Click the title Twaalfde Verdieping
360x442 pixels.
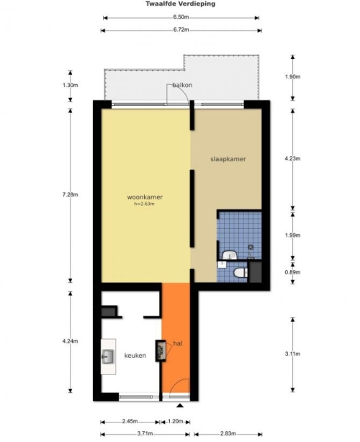181,4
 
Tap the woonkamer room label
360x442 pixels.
145,197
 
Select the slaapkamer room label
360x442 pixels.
228,159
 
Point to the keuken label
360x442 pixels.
135,356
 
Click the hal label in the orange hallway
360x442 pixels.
178,343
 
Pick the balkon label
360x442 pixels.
182,85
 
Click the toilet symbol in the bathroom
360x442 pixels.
240,273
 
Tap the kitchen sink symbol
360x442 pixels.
108,356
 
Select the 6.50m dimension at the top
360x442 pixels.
181,17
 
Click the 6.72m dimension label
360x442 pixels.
181,30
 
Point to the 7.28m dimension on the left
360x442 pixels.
70,194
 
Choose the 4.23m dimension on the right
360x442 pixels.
292,158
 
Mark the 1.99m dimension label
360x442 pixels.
292,235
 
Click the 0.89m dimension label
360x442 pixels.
292,272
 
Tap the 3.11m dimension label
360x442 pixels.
292,353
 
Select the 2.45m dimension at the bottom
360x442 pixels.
130,421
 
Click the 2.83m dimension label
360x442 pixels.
228,433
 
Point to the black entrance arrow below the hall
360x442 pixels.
180,405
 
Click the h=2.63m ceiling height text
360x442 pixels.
144,204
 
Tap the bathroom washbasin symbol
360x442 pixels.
230,255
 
